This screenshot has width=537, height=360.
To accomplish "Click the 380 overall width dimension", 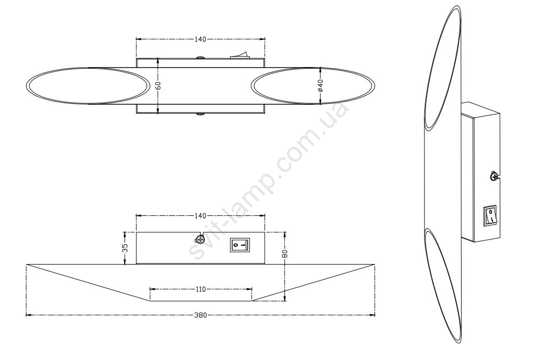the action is (x=201, y=315).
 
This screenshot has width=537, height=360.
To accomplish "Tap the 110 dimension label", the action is (x=201, y=289).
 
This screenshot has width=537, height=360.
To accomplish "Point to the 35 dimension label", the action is (x=125, y=248).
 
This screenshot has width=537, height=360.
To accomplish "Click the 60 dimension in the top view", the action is (x=158, y=85).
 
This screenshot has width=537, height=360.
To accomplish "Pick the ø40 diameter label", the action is (x=321, y=85).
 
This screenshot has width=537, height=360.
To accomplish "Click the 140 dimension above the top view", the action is (x=201, y=39).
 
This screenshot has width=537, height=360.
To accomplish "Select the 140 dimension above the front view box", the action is (x=201, y=216).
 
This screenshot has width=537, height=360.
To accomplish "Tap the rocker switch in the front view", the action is (x=240, y=245).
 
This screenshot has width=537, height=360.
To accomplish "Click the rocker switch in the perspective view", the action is (x=490, y=216).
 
